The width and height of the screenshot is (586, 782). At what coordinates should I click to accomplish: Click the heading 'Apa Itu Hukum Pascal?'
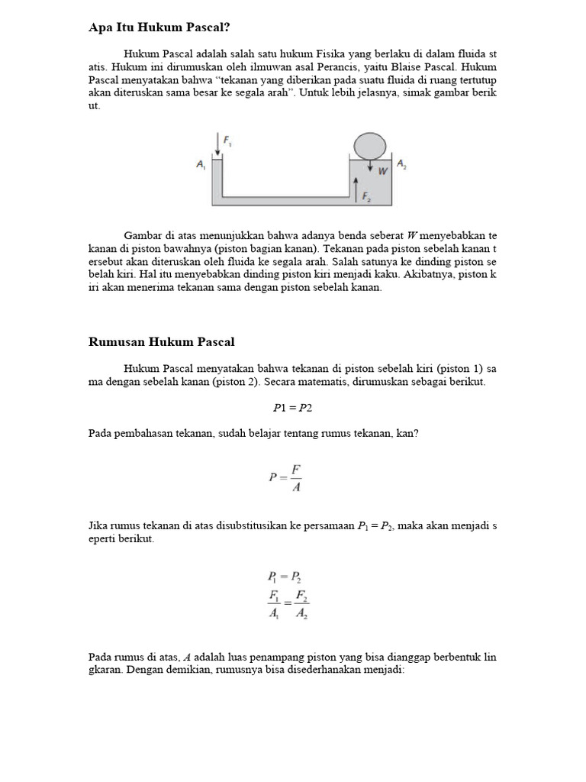click(x=159, y=27)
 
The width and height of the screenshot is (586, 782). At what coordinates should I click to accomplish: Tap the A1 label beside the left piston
click(x=201, y=164)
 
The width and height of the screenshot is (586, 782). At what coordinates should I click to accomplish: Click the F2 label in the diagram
click(x=367, y=196)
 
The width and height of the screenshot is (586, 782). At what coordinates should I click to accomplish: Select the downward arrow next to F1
click(x=220, y=143)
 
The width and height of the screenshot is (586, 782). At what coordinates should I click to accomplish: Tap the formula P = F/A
click(x=286, y=477)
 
